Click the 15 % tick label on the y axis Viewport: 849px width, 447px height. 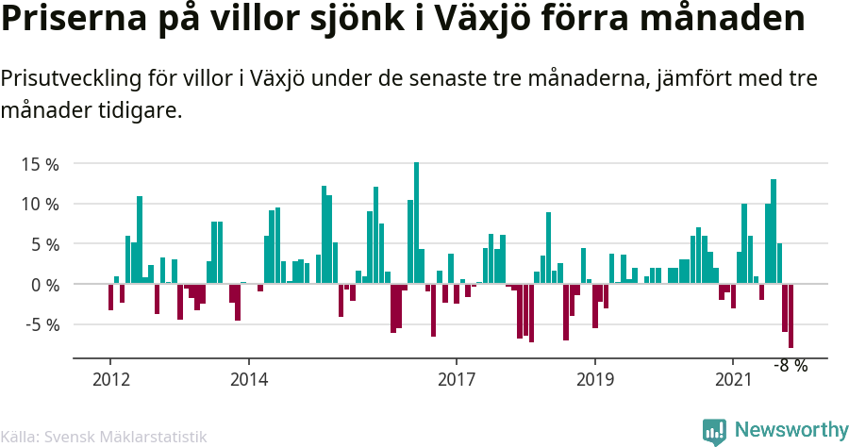click(40, 164)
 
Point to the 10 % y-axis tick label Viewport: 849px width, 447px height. click(40, 205)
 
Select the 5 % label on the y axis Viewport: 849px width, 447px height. click(43, 244)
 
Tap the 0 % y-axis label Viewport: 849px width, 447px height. click(43, 285)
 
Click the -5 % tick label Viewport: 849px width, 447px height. click(42, 324)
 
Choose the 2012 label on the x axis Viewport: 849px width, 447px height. click(110, 379)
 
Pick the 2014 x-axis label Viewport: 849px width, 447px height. click(248, 379)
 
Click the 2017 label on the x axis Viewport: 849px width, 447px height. click(457, 379)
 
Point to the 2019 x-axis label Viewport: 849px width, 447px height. click(594, 379)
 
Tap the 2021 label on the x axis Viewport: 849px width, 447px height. click(733, 379)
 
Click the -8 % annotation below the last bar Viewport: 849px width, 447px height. click(791, 366)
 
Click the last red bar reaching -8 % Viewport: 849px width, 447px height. click(791, 316)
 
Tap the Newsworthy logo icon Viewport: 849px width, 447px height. click(714, 431)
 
